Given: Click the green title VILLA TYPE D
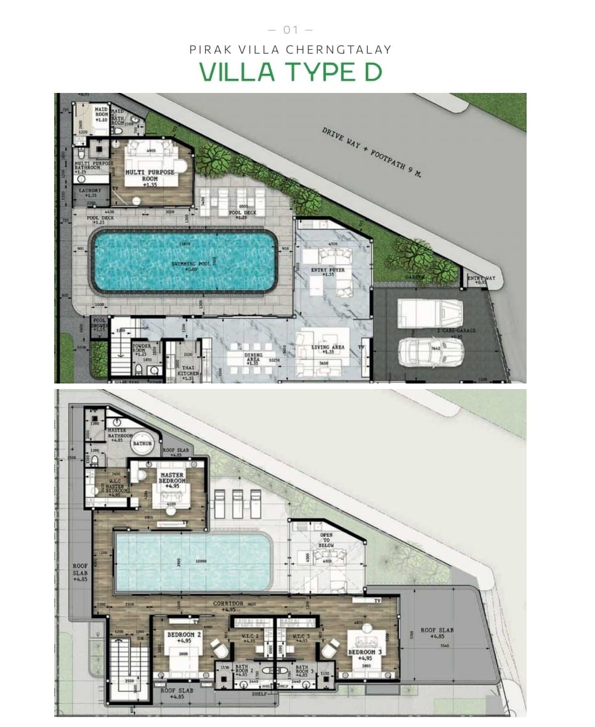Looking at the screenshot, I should tap(290, 72).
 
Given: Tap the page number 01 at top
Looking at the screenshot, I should tap(290, 30).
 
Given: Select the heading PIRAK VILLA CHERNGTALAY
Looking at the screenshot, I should tap(290, 50).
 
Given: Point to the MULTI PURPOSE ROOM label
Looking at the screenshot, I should tap(150, 175).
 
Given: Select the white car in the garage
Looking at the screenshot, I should tap(431, 353).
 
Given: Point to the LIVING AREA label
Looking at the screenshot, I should tap(329, 349).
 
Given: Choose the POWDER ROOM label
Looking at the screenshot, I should tap(142, 350).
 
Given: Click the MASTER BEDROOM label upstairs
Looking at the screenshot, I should tap(173, 476).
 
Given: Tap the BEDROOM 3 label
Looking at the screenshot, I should tap(365, 652).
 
